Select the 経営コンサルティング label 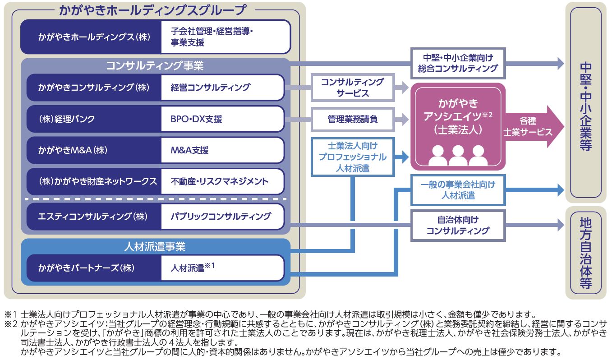[210, 88]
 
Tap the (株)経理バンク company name [67, 119]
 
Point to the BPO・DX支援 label [196, 119]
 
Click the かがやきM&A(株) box [94, 150]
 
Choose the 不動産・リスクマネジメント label [219, 181]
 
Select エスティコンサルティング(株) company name [92, 217]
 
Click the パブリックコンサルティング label [221, 217]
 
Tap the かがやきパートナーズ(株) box [94, 268]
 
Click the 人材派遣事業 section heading [155, 247]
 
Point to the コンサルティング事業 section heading [155, 65]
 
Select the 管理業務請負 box [353, 119]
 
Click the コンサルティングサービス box [353, 88]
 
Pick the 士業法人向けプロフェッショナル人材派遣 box [353, 157]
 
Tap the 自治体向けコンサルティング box [458, 225]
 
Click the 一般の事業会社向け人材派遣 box [458, 190]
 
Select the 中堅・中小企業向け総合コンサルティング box [458, 64]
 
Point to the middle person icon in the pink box [458, 155]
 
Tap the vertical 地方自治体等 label [586, 253]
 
